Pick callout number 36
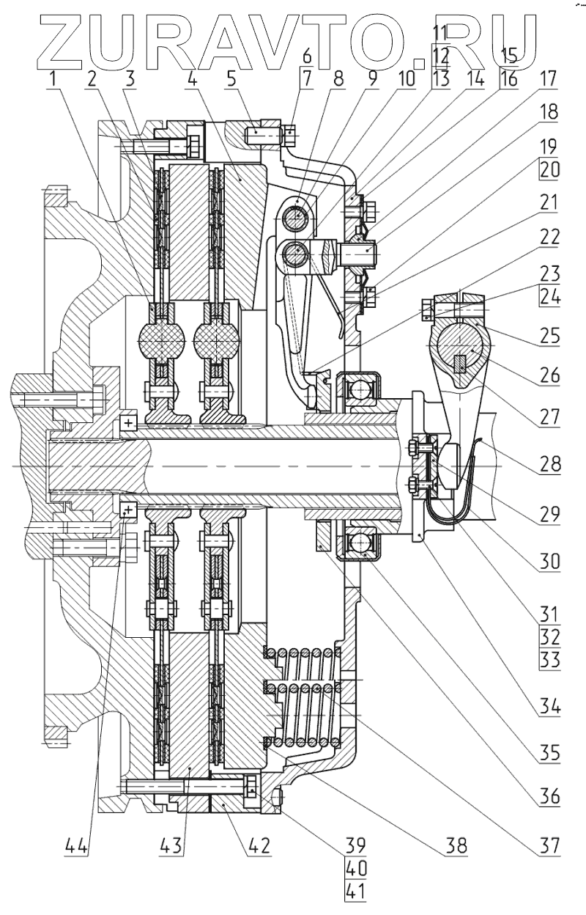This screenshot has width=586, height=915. click(x=550, y=794)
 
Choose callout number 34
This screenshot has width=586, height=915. click(x=550, y=708)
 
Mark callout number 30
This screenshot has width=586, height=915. click(x=550, y=563)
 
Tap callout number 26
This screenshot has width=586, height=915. click(x=550, y=378)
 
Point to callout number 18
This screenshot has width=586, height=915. click(x=550, y=113)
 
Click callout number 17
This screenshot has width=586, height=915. click(x=550, y=77)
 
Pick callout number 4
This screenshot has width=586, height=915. click(x=191, y=78)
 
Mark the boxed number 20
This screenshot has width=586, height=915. click(x=550, y=170)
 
